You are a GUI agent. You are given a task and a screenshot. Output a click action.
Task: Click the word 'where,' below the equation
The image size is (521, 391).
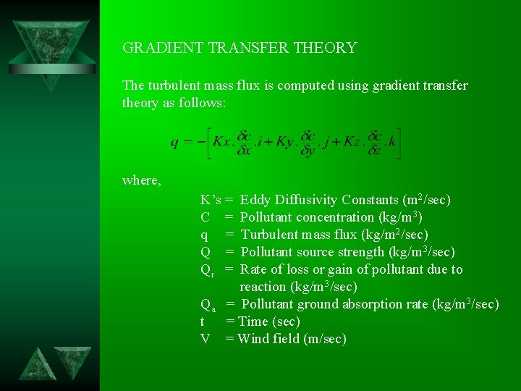(142, 180)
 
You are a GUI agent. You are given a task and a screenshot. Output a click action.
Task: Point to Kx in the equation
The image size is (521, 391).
(221, 142)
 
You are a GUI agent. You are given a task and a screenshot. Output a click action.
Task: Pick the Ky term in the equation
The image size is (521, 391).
(285, 142)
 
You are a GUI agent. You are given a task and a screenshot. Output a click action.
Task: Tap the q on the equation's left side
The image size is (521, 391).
(175, 143)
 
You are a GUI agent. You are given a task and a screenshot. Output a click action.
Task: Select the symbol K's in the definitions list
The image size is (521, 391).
(211, 200)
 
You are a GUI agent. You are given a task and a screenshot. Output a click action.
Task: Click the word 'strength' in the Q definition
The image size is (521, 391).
(362, 252)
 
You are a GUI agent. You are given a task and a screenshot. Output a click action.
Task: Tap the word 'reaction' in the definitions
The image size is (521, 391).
(265, 287)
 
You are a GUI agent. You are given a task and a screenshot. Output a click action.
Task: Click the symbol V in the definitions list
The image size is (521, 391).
(205, 339)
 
